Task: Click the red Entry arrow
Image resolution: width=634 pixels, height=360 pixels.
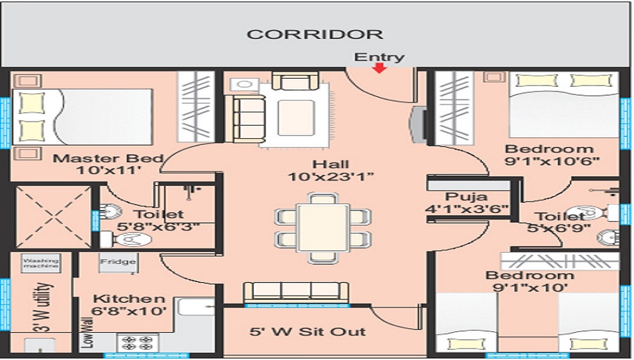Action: (379, 68)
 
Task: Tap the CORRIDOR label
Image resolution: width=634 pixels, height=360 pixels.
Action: (315, 34)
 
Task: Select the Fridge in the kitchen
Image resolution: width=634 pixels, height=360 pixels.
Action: (118, 262)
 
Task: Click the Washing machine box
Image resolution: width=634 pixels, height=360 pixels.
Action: (41, 263)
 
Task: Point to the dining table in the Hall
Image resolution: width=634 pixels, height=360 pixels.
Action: (322, 228)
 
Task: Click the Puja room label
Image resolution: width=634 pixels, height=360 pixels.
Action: (466, 197)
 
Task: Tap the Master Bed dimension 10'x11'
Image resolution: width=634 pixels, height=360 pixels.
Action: (109, 170)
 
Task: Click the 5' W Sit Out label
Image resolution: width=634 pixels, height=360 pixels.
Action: (307, 331)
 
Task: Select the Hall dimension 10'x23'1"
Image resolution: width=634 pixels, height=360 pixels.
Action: (330, 177)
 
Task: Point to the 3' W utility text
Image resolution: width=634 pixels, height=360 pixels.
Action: (44, 307)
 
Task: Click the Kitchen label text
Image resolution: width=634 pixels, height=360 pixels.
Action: (129, 299)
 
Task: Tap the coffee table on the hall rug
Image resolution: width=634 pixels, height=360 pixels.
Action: (296, 118)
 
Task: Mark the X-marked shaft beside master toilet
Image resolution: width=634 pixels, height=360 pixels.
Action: (53, 217)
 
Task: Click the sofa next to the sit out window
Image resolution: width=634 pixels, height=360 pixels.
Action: (295, 293)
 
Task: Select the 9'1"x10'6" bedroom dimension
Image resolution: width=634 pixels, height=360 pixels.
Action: (552, 161)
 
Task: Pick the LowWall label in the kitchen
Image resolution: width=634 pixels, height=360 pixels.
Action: (87, 333)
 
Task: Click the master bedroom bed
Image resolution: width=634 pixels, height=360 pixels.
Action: (82, 117)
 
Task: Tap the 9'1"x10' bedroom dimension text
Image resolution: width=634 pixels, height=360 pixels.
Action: (530, 288)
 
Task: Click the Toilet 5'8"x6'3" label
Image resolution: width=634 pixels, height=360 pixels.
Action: (158, 221)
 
